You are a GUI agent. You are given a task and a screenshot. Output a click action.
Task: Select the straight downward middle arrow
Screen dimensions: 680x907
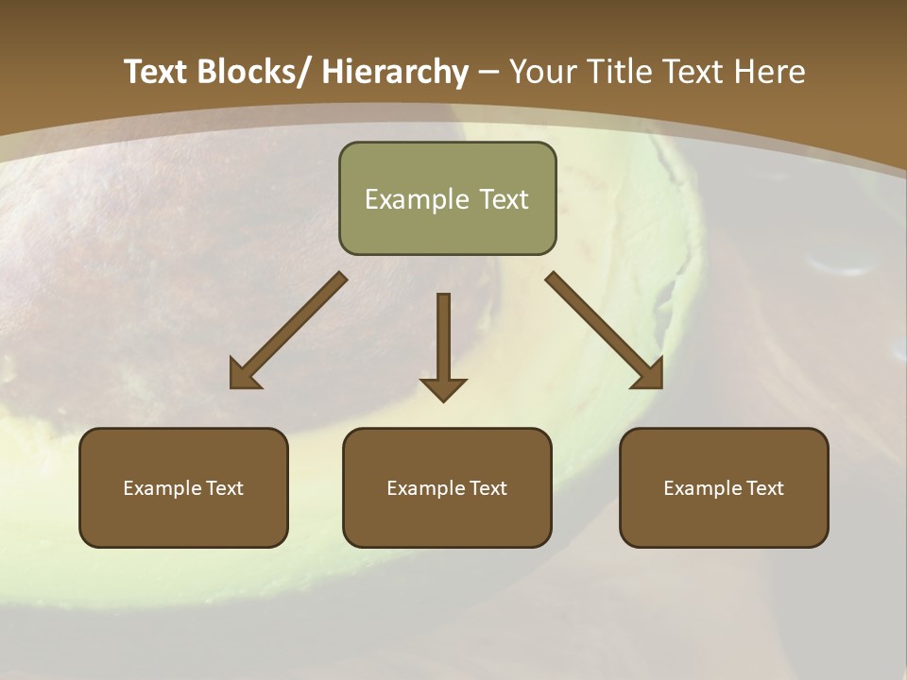(x=443, y=340)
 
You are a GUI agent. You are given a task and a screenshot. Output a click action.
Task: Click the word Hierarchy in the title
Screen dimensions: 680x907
(x=395, y=72)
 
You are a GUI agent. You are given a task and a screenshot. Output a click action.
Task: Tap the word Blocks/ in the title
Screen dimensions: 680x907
(x=250, y=72)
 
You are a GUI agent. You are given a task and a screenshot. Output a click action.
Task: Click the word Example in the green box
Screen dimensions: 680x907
(x=417, y=199)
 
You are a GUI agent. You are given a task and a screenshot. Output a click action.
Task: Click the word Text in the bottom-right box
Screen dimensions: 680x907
(x=764, y=488)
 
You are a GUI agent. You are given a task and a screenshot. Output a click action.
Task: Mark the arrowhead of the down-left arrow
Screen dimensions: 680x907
(x=245, y=376)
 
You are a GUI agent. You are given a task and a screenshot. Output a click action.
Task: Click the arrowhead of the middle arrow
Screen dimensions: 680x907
(x=443, y=389)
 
